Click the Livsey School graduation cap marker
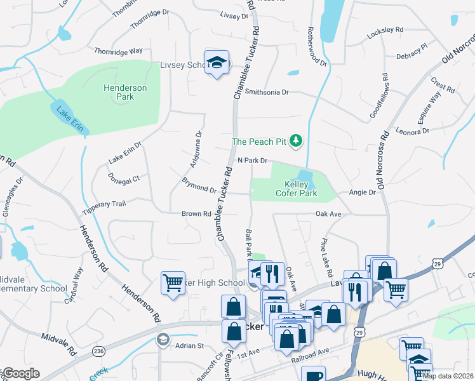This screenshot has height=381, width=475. pyautogui.click(x=217, y=62)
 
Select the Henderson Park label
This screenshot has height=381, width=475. pyautogui.click(x=126, y=92)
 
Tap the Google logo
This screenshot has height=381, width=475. pyautogui.click(x=20, y=373)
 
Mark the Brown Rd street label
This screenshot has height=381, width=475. pyautogui.click(x=196, y=214)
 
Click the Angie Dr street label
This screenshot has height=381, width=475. pyautogui.click(x=363, y=192)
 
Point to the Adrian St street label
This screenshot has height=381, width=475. pyautogui.click(x=189, y=346)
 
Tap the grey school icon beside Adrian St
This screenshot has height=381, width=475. pyautogui.click(x=163, y=340)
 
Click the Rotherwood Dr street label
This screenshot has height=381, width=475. pyautogui.click(x=316, y=48)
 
